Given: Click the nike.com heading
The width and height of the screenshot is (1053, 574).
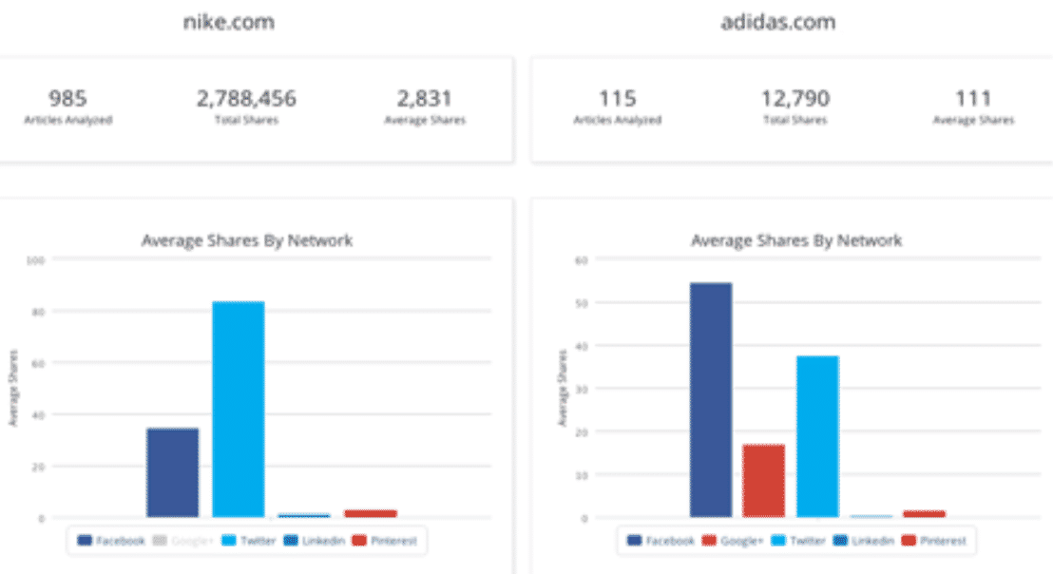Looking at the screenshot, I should [228, 22].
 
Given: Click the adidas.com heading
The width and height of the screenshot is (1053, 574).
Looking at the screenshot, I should [777, 22].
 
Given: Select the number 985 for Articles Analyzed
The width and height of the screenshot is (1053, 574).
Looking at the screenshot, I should [67, 98].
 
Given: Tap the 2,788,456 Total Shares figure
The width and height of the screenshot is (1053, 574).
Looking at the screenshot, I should [246, 98].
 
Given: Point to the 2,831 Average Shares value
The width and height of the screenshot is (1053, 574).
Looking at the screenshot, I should [425, 98].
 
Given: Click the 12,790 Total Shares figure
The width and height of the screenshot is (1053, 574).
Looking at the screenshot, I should [795, 98].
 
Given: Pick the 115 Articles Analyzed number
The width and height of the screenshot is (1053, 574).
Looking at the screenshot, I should [617, 98].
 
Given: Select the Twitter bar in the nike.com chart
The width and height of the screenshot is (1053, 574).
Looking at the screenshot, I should [238, 410].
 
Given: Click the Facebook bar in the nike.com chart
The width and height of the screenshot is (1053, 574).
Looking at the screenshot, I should [173, 472].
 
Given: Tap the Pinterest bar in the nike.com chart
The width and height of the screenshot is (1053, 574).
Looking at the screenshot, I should [371, 513].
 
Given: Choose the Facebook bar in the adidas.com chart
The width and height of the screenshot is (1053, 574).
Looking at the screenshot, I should [711, 400].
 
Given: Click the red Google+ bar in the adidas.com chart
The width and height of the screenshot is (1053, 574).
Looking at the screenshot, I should [763, 481].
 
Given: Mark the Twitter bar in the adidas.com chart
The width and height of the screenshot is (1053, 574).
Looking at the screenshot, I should [817, 436].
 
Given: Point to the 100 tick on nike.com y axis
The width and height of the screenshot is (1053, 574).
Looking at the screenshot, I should [36, 258].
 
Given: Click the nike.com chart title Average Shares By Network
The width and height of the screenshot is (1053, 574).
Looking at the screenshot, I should [247, 240].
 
